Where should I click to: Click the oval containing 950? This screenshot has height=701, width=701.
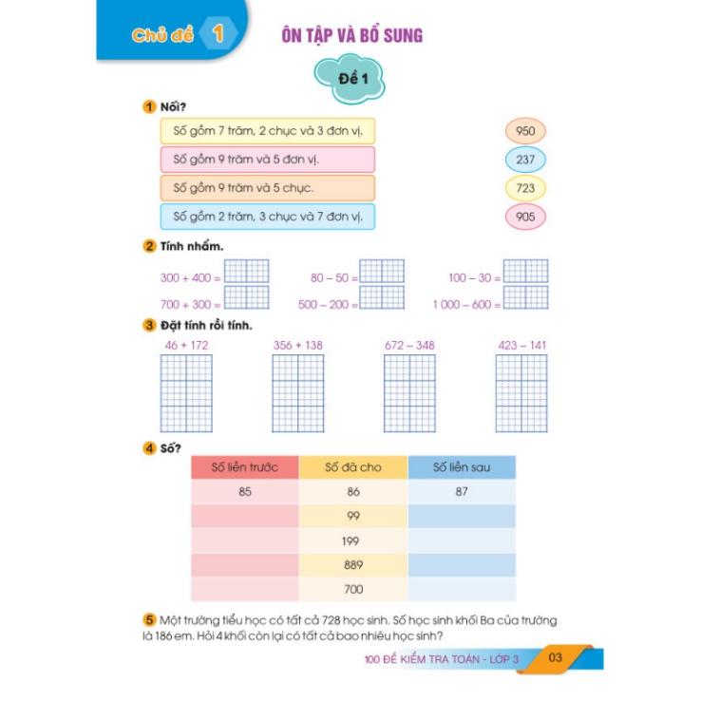tap(525, 131)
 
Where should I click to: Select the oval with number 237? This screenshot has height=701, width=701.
tap(525, 160)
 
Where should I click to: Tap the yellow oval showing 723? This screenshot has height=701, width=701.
tap(525, 188)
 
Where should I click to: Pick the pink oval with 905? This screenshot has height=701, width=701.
tap(525, 217)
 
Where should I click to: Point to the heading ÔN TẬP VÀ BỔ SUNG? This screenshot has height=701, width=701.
tap(351, 36)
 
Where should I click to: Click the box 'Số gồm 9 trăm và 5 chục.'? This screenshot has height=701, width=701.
tap(267, 188)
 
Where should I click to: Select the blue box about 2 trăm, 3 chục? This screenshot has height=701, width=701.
tap(267, 217)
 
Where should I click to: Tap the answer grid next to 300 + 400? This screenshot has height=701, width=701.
tap(246, 272)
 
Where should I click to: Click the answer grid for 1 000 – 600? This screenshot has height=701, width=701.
tap(525, 298)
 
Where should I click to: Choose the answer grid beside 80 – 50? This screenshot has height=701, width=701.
tap(382, 272)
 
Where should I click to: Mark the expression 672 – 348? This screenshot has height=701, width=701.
tap(409, 345)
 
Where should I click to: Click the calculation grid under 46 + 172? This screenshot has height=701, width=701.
tap(185, 393)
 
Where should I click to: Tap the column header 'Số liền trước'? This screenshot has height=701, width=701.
tap(244, 468)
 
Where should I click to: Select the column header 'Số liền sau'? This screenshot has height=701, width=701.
tap(462, 468)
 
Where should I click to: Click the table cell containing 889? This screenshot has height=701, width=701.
tap(353, 565)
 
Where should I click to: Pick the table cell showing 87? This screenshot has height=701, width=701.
tap(462, 492)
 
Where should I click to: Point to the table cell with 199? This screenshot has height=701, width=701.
tap(353, 540)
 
